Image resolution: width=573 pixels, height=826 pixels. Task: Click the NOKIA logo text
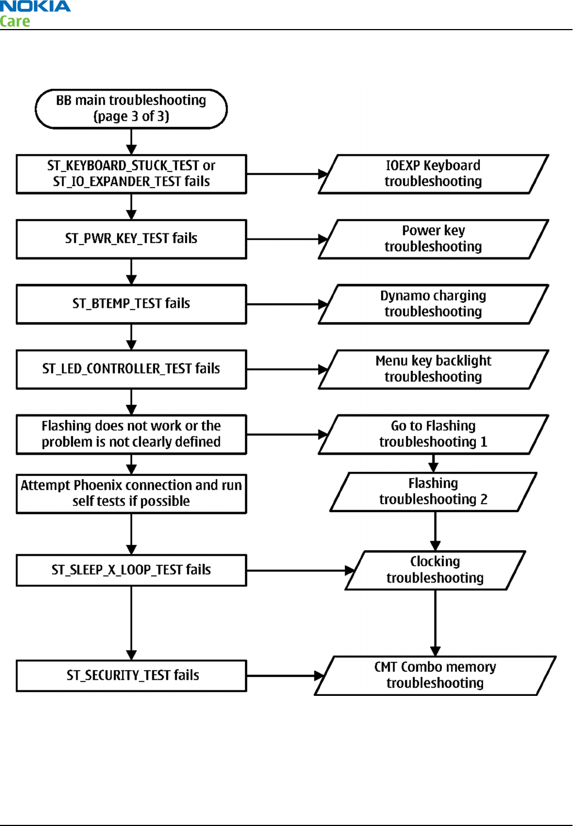click(x=35, y=6)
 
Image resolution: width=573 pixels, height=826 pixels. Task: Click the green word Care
click(x=15, y=21)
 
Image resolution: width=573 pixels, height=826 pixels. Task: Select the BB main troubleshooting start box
click(x=131, y=109)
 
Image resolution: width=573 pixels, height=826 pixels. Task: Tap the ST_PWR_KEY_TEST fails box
click(x=132, y=239)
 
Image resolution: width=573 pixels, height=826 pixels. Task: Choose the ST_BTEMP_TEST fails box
click(x=132, y=304)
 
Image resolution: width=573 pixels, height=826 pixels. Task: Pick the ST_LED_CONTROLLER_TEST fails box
click(x=132, y=369)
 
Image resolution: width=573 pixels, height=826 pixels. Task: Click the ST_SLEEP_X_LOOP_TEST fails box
click(x=132, y=570)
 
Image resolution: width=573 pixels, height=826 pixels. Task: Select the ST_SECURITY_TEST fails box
click(x=132, y=676)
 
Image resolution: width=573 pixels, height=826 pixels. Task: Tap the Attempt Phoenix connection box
click(x=132, y=494)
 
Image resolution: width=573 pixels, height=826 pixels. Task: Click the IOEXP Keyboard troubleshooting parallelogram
click(x=434, y=174)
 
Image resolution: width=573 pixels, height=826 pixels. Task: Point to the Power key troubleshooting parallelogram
click(x=434, y=239)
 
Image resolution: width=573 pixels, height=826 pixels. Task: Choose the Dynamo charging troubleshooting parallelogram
click(x=434, y=304)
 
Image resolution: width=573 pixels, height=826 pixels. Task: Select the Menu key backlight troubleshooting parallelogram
click(x=434, y=369)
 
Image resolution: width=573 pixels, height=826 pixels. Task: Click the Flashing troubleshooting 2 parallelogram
click(x=434, y=491)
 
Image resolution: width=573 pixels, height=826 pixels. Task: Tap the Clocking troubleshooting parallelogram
click(x=435, y=570)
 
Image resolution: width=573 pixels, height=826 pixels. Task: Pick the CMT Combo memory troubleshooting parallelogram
click(x=435, y=676)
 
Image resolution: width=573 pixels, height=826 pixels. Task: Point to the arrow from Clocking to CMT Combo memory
click(x=435, y=623)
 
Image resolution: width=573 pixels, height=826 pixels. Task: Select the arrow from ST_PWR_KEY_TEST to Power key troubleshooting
click(x=287, y=239)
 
